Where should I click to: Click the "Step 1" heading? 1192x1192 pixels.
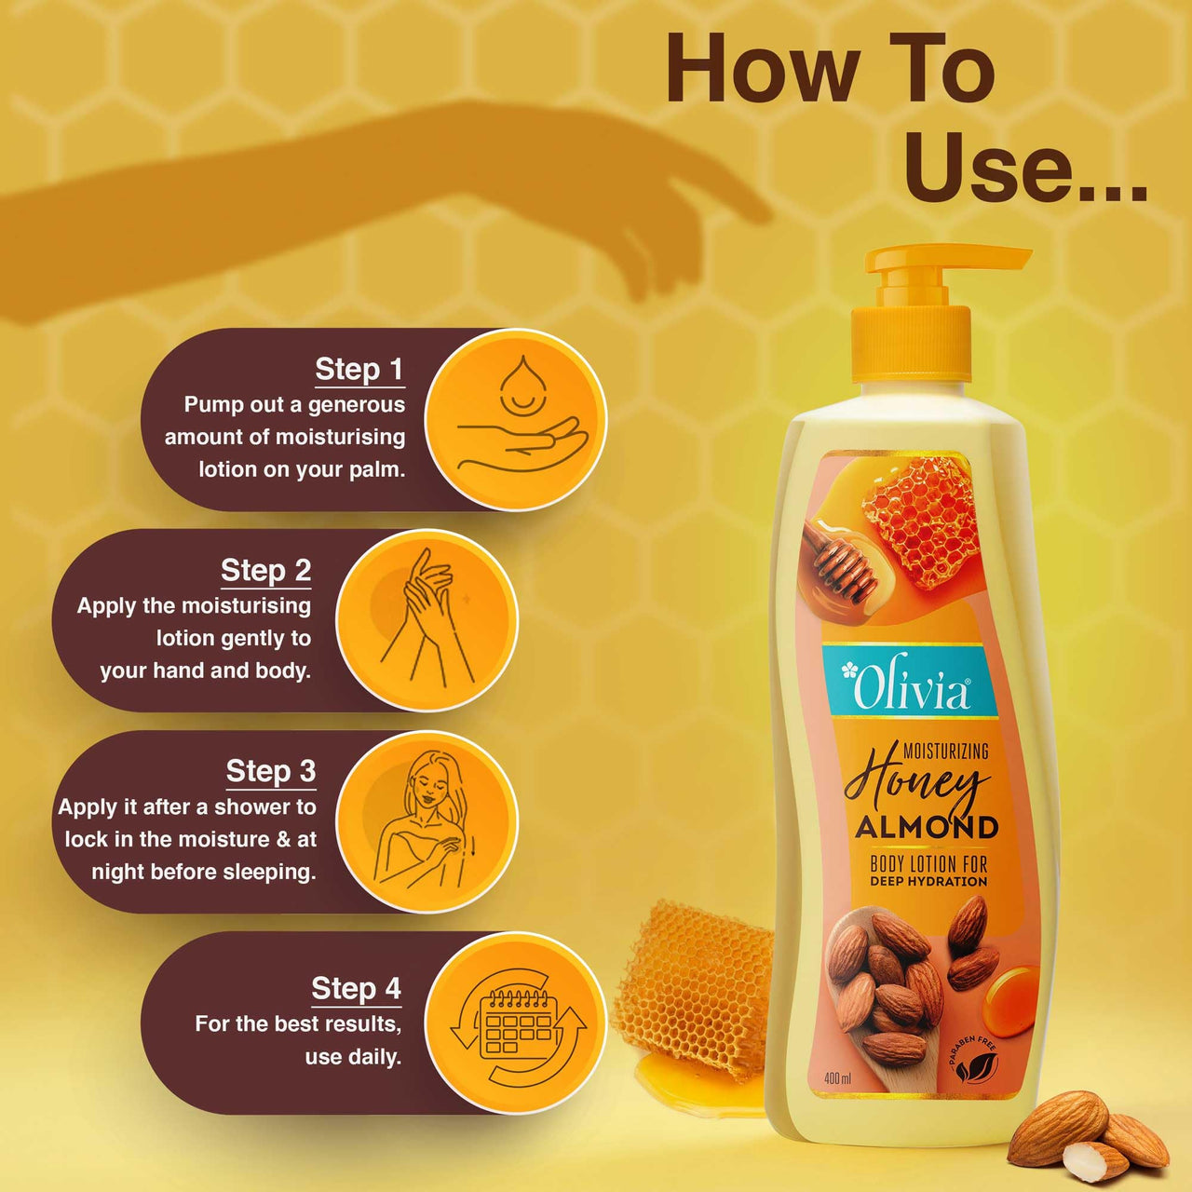[x=359, y=370]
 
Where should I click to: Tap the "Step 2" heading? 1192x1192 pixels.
[x=265, y=570]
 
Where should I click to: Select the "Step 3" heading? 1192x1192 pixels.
[x=270, y=771]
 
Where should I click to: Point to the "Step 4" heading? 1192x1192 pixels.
[x=356, y=988]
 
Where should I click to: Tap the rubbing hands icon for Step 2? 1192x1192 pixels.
[x=427, y=620]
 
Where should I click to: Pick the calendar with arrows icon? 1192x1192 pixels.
[x=517, y=1023]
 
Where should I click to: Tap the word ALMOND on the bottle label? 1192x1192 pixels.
[x=927, y=827]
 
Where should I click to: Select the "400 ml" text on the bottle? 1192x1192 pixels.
[x=837, y=1078]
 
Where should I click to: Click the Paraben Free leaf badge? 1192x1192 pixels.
[x=974, y=1062]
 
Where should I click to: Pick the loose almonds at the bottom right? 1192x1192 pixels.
[x=1090, y=1136]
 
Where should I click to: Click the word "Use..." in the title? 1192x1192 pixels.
[x=1024, y=168]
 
